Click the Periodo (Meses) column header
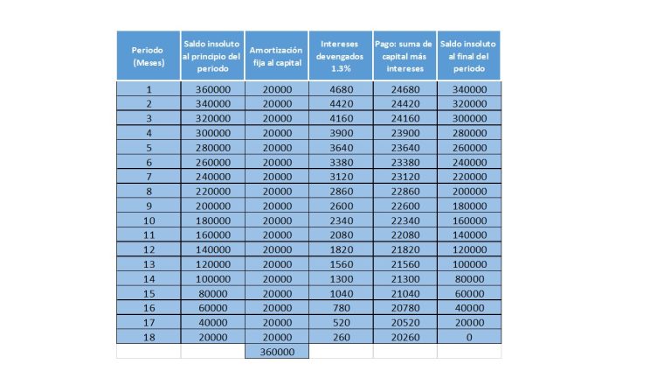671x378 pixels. click(x=149, y=56)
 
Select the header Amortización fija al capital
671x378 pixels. click(x=277, y=56)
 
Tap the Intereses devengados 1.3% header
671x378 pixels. click(x=341, y=56)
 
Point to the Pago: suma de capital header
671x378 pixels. click(x=405, y=56)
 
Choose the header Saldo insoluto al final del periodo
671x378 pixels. click(x=468, y=56)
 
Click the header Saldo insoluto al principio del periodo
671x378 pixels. click(x=212, y=56)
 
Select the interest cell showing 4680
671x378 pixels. click(x=341, y=89)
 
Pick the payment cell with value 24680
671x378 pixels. click(x=405, y=89)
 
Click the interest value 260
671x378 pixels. click(x=341, y=337)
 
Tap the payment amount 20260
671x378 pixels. click(x=405, y=337)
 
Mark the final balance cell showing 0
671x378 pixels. click(x=468, y=337)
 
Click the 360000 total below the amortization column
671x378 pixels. click(x=277, y=352)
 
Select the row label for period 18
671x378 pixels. click(x=149, y=337)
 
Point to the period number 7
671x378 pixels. click(x=149, y=177)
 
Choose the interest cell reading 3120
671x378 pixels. click(x=341, y=177)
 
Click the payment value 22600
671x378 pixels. click(x=405, y=206)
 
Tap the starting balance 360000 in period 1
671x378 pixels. click(x=212, y=89)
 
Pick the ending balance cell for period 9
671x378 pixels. click(x=468, y=206)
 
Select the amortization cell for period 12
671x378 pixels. click(x=277, y=249)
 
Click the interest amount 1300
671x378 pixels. click(x=341, y=278)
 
